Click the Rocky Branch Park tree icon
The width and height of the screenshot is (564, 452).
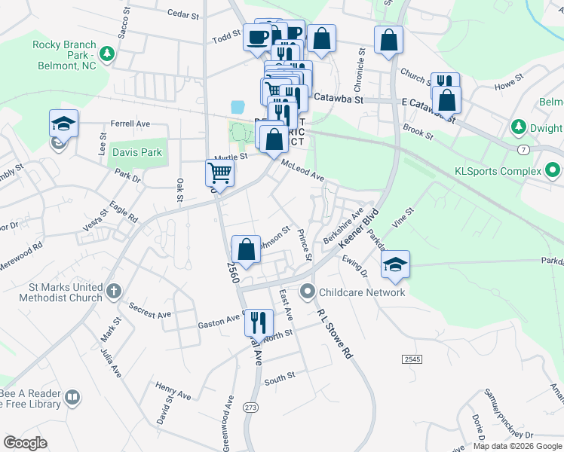click(x=107, y=53)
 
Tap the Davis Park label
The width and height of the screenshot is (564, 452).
click(x=137, y=152)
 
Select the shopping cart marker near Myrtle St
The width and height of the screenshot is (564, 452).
click(x=219, y=173)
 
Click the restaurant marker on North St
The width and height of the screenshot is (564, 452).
click(x=258, y=322)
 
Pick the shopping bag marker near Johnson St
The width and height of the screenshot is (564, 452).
click(x=246, y=249)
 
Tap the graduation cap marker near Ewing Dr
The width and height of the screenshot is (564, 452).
click(x=395, y=264)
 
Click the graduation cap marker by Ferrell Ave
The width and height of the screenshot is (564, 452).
click(x=64, y=123)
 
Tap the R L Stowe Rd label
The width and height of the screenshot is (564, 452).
click(x=335, y=332)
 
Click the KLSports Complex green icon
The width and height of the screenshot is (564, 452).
click(x=552, y=171)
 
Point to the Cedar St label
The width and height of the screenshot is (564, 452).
click(x=182, y=14)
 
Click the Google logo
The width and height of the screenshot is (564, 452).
click(x=26, y=443)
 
